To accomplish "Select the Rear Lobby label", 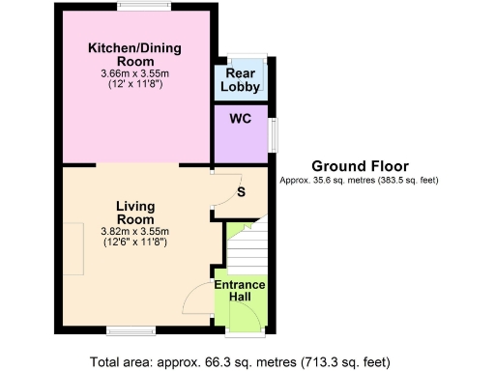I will [x=240, y=79].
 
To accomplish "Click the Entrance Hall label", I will [x=240, y=290].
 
